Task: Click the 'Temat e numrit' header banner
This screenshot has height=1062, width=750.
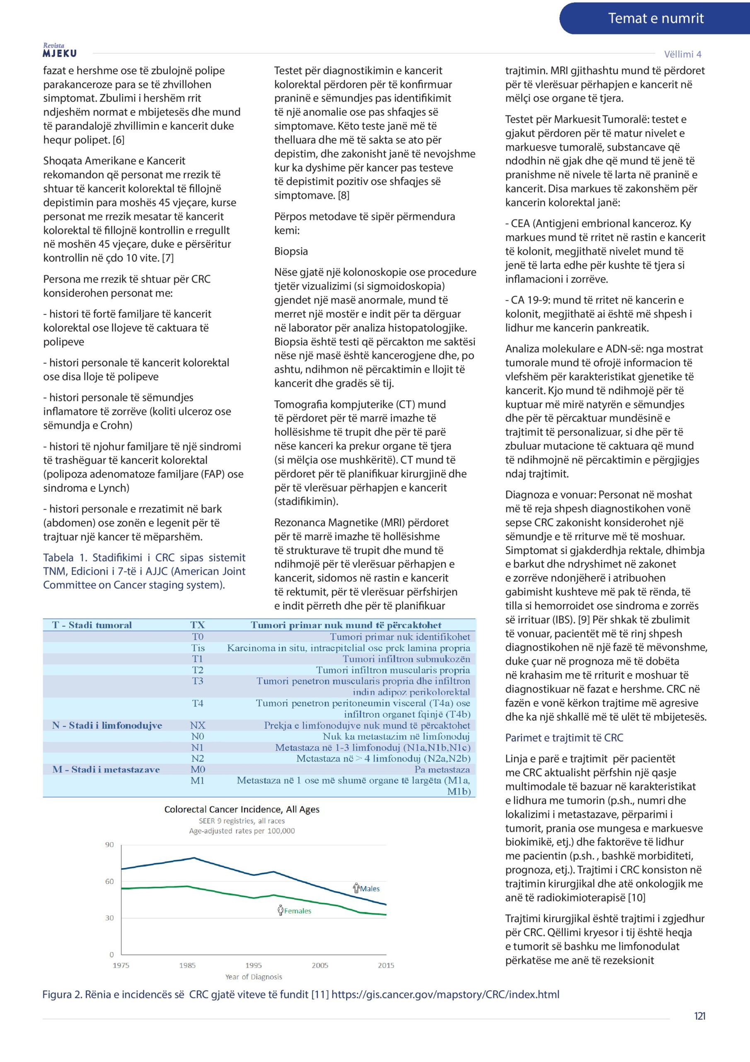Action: click(x=655, y=19)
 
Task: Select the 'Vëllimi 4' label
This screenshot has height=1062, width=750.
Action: click(x=682, y=54)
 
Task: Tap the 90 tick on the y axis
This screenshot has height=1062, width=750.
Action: click(x=109, y=845)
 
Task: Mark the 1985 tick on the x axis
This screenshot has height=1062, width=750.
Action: click(x=187, y=965)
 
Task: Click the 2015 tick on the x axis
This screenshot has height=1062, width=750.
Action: click(x=386, y=965)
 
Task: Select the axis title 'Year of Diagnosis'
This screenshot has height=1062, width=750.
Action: click(x=253, y=977)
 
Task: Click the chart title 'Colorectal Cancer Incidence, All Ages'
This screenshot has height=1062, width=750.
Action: click(x=242, y=809)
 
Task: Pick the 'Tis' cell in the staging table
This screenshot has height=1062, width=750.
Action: click(x=198, y=648)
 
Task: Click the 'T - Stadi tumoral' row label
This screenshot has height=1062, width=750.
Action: click(x=92, y=625)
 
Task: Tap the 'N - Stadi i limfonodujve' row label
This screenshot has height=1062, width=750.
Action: click(x=107, y=725)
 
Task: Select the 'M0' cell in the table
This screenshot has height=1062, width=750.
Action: click(x=198, y=769)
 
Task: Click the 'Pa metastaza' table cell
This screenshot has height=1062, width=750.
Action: click(x=442, y=770)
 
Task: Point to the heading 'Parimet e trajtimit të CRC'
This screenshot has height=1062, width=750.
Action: click(x=564, y=738)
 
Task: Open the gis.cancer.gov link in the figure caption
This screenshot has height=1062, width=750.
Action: click(x=445, y=994)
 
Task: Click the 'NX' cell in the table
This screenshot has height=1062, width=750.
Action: click(x=198, y=725)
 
